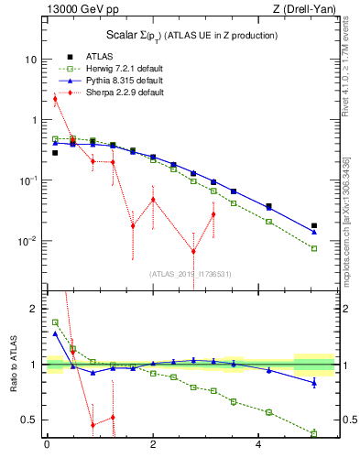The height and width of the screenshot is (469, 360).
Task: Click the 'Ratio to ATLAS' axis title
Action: coord(13,365)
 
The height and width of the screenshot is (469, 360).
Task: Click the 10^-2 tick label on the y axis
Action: coord(27,242)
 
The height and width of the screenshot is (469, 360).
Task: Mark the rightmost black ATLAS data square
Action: coord(314,225)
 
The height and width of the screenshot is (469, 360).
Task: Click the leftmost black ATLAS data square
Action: coord(54,153)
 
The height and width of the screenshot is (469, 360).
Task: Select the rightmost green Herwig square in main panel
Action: coord(314,248)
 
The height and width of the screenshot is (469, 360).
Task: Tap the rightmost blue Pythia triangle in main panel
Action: coord(314,233)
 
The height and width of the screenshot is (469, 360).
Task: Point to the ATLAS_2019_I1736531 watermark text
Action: coord(190,273)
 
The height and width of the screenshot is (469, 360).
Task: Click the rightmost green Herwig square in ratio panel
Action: coord(314,433)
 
